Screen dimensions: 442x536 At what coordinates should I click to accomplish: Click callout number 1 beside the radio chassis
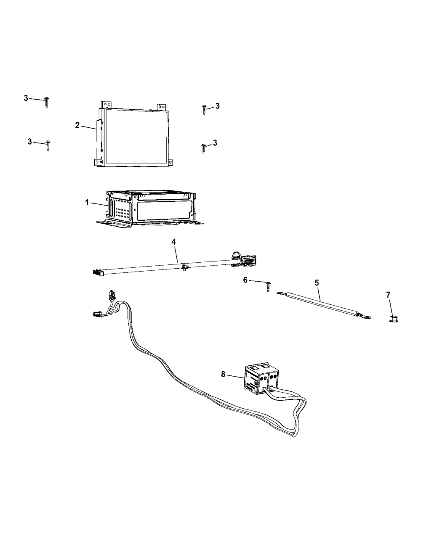pyautogui.click(x=87, y=203)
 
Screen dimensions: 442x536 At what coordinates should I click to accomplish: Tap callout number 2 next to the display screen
pyautogui.click(x=77, y=125)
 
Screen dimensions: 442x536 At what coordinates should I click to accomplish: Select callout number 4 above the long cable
pyautogui.click(x=174, y=242)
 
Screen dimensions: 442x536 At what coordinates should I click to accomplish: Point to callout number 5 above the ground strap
pyautogui.click(x=317, y=283)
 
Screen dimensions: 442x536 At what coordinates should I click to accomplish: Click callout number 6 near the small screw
pyautogui.click(x=245, y=280)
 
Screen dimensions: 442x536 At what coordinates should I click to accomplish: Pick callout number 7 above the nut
pyautogui.click(x=388, y=295)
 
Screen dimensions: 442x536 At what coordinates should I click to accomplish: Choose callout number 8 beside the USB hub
pyautogui.click(x=223, y=375)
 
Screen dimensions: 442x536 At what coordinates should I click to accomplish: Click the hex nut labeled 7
pyautogui.click(x=393, y=319)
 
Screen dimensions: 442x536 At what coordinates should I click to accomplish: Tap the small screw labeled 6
pyautogui.click(x=269, y=286)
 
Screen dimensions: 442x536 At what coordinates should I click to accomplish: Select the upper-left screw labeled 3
pyautogui.click(x=47, y=103)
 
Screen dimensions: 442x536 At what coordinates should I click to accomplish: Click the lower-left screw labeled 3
pyautogui.click(x=48, y=146)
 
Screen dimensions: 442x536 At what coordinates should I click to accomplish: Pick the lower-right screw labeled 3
pyautogui.click(x=204, y=148)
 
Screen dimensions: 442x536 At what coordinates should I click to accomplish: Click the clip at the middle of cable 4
pyautogui.click(x=184, y=267)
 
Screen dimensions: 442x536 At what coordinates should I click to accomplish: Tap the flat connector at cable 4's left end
pyautogui.click(x=98, y=272)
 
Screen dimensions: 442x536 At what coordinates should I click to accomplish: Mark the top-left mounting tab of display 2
pyautogui.click(x=107, y=105)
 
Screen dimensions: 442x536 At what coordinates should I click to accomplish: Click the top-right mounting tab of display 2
pyautogui.click(x=162, y=107)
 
